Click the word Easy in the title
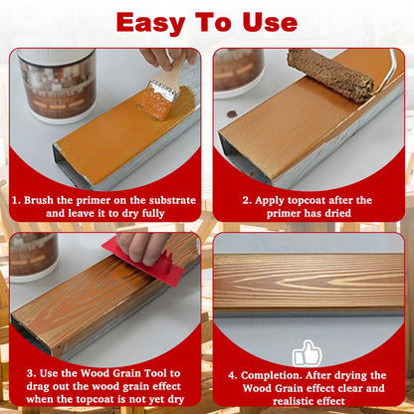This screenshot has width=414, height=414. pyautogui.click(x=158, y=22)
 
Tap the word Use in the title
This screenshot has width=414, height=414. pyautogui.click(x=267, y=22)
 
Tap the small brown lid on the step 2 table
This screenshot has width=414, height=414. pyautogui.click(x=232, y=114)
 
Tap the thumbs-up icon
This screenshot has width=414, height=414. pyautogui.click(x=308, y=353)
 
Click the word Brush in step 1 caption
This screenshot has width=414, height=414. pyautogui.click(x=45, y=199)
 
